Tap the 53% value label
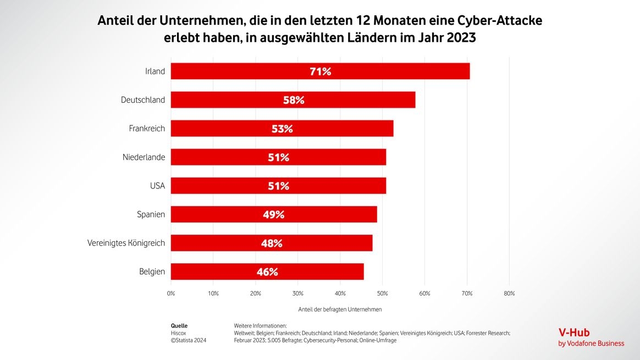(282, 129)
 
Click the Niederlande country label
(144, 157)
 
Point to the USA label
(157, 186)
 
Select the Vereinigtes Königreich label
(126, 243)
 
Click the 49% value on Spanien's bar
(273, 214)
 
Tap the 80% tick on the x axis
(509, 293)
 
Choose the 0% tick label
(171, 293)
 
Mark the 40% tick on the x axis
(340, 293)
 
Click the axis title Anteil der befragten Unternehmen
(340, 309)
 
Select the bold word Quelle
(179, 325)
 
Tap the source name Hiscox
(179, 333)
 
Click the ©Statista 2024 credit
(189, 341)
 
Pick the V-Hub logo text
(573, 333)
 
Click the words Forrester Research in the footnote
(488, 333)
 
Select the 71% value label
(320, 71)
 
